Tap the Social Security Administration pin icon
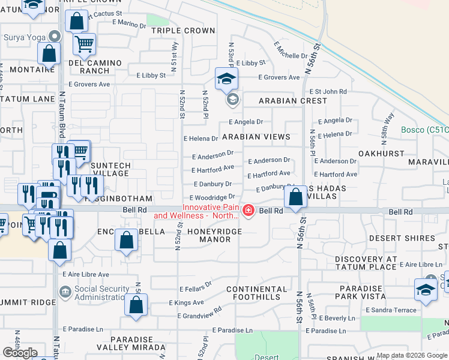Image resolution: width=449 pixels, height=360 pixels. (x=64, y=292)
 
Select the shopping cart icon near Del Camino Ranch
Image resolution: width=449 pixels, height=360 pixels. (x=84, y=43)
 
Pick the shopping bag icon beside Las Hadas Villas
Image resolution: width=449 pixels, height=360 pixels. (x=296, y=197)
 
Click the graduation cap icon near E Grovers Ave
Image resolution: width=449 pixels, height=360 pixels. (x=227, y=79)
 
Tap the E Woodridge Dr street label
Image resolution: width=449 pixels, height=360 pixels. (x=212, y=197)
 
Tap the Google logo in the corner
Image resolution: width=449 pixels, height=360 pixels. (x=20, y=353)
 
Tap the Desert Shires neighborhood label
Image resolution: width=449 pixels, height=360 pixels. (x=402, y=238)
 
